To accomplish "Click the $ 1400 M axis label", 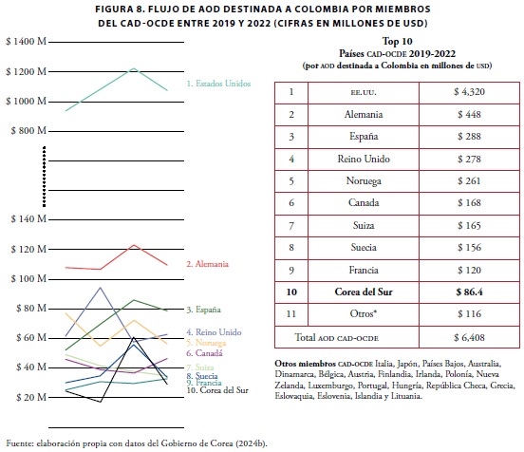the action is pyautogui.click(x=26, y=42).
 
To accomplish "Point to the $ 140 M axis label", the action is pyautogui.click(x=28, y=219).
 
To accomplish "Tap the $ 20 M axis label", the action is pyautogui.click(x=31, y=397).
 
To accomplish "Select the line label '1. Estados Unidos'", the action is pyautogui.click(x=218, y=84).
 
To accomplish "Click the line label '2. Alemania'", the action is pyautogui.click(x=208, y=264).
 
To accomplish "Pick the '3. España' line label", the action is pyautogui.click(x=203, y=310).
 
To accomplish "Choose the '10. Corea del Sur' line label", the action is pyautogui.click(x=217, y=390).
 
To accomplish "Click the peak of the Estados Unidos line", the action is pyautogui.click(x=134, y=68).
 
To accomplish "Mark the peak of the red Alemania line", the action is pyautogui.click(x=134, y=245).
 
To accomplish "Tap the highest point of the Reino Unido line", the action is pyautogui.click(x=101, y=287).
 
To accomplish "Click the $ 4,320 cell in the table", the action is pyautogui.click(x=469, y=91).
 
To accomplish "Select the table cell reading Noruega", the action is pyautogui.click(x=364, y=180).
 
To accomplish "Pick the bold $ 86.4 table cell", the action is pyautogui.click(x=469, y=292).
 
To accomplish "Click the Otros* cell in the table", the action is pyautogui.click(x=364, y=313).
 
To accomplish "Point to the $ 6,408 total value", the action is pyautogui.click(x=469, y=337).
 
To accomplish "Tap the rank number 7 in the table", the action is pyautogui.click(x=291, y=226).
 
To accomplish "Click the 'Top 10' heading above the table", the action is pyautogui.click(x=398, y=41).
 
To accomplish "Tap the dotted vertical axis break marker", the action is pyautogui.click(x=44, y=177).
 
